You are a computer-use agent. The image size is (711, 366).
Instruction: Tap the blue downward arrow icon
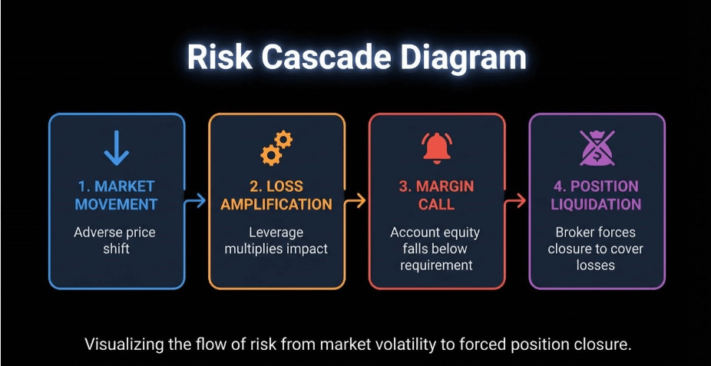(x=116, y=148)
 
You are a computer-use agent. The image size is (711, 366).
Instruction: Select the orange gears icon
(x=276, y=148)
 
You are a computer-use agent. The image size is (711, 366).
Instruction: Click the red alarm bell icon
(x=437, y=148)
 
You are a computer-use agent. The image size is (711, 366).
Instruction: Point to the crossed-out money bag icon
(x=597, y=148)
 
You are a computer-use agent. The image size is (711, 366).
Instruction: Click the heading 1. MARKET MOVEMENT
(x=117, y=195)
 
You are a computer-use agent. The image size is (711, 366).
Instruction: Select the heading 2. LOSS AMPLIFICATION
(x=276, y=195)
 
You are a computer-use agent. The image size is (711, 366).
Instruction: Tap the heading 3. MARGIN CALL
(x=437, y=195)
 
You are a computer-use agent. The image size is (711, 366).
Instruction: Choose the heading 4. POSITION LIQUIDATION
(x=597, y=195)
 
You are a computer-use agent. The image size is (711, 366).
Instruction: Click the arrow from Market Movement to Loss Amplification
(x=197, y=201)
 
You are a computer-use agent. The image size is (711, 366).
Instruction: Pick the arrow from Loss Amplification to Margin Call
(x=357, y=201)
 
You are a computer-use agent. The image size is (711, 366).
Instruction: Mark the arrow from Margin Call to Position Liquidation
(x=517, y=201)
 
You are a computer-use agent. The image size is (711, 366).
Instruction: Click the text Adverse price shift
(x=116, y=239)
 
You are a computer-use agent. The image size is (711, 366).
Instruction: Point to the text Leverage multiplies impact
(x=276, y=239)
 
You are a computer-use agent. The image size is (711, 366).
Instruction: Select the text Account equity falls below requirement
(x=437, y=248)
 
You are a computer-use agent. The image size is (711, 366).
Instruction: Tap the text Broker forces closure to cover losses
(x=597, y=248)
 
